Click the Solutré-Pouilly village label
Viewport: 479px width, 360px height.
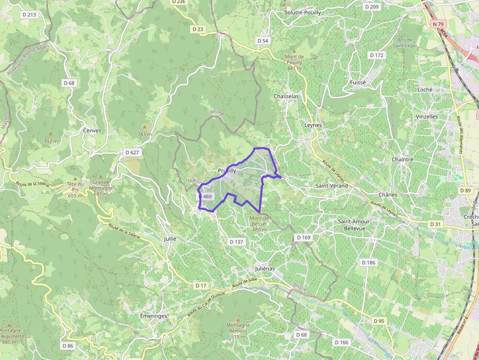tap(303, 12)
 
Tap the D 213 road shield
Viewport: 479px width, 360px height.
tap(29, 15)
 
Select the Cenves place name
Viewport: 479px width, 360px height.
tap(92, 130)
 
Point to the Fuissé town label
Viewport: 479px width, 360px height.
tap(358, 83)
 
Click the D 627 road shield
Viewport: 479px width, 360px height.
tap(132, 152)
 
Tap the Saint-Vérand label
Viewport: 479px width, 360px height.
tap(332, 186)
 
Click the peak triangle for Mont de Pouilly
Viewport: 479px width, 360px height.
tap(294, 51)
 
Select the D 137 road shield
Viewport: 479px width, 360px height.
tap(236, 242)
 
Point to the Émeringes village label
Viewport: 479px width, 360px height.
tap(153, 316)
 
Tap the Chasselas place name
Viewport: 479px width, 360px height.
tap(286, 96)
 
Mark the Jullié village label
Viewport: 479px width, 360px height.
tap(170, 239)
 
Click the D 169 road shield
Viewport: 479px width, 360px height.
tap(304, 237)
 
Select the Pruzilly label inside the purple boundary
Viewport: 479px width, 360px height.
tap(227, 170)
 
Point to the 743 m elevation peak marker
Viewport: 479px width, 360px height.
tap(144, 127)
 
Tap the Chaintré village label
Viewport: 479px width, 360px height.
tap(402, 159)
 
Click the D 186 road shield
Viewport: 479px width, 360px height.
tap(369, 262)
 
